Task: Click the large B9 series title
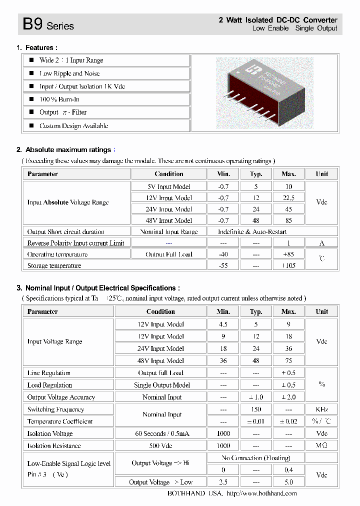click(x=48, y=24)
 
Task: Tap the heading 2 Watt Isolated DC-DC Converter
click(x=278, y=20)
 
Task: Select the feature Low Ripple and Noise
click(x=69, y=73)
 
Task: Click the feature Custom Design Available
click(x=73, y=126)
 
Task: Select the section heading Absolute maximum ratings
click(x=68, y=150)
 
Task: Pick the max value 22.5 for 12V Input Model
click(x=288, y=197)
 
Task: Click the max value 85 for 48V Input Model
click(x=288, y=220)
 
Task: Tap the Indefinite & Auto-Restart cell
click(x=252, y=232)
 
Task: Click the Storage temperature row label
click(x=54, y=265)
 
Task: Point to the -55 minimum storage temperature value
click(x=223, y=265)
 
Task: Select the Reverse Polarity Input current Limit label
click(x=75, y=243)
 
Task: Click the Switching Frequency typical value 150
click(x=255, y=409)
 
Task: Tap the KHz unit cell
click(x=321, y=409)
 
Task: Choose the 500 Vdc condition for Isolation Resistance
click(x=160, y=445)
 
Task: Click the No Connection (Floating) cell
click(x=255, y=458)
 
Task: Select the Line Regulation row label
click(x=49, y=373)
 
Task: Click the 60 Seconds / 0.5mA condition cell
click(x=160, y=433)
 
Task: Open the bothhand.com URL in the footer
click(x=261, y=493)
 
